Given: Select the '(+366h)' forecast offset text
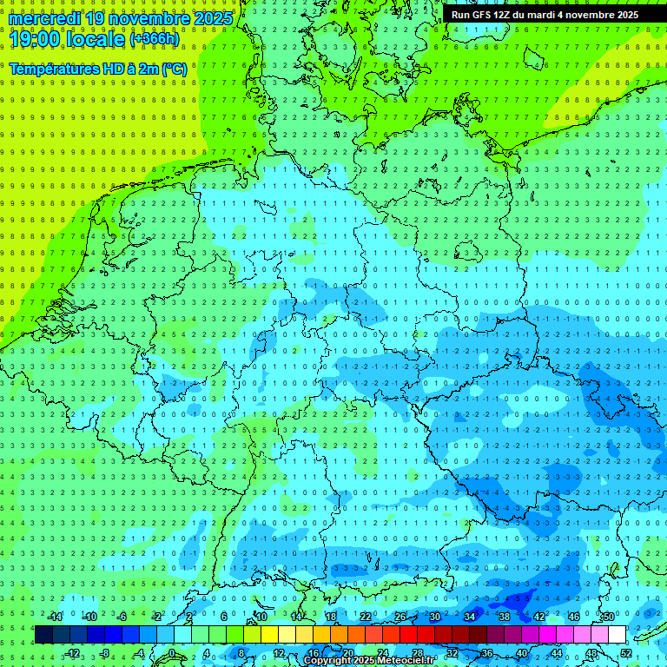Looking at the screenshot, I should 155,39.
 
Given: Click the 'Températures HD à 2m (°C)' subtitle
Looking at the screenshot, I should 98,69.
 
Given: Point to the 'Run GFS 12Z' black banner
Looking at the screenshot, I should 545,15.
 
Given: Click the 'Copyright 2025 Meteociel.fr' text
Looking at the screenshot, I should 369,661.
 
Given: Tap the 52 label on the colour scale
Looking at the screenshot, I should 626,653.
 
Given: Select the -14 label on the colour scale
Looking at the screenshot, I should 56,617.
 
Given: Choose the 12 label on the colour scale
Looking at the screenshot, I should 279,653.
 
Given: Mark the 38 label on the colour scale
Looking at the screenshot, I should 504,617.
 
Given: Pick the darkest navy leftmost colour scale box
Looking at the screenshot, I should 43,635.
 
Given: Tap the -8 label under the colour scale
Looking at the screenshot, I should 106,653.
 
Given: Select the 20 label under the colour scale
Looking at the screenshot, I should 348,653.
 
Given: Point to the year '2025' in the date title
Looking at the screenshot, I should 213,18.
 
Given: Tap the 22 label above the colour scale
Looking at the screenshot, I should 366,617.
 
